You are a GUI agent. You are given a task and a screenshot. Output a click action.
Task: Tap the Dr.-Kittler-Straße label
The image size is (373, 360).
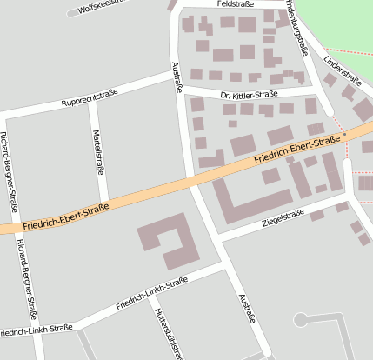249,93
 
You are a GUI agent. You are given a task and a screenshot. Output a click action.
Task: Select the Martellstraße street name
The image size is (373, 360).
98,152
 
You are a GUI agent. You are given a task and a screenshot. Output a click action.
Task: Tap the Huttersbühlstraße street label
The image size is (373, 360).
169,331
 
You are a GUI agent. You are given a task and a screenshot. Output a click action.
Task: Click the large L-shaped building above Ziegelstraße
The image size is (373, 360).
252,201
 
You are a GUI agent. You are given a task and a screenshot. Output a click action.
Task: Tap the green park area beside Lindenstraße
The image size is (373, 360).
343,26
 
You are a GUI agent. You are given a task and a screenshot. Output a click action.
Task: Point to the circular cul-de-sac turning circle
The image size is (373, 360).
301,320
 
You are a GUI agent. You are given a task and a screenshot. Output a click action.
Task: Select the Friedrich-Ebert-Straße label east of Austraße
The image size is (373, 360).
297,151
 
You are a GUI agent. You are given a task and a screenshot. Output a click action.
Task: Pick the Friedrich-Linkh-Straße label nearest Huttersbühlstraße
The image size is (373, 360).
153,295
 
